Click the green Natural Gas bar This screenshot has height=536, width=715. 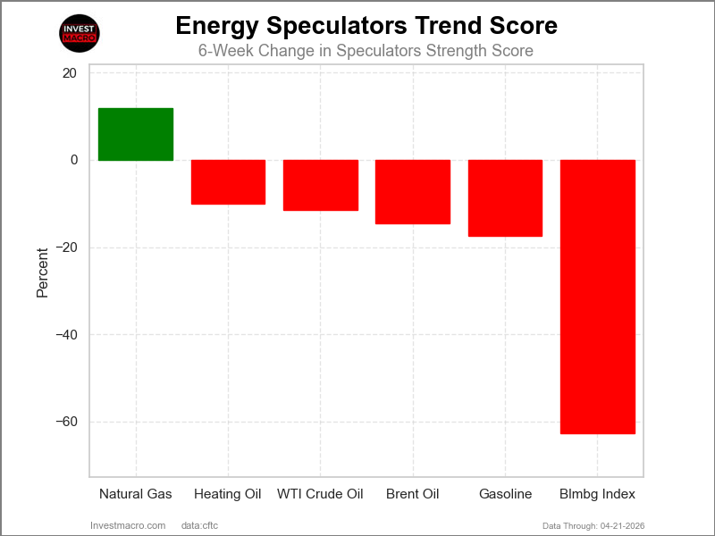(x=136, y=134)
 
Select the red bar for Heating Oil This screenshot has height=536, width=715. (x=228, y=182)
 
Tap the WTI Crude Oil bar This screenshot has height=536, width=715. (x=321, y=185)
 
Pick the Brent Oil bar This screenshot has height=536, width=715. (x=413, y=191)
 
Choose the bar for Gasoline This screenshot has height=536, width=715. (x=505, y=198)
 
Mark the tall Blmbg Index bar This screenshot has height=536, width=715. (x=597, y=297)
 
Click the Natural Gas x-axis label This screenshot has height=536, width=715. (x=136, y=494)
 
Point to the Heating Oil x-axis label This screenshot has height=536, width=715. (x=228, y=494)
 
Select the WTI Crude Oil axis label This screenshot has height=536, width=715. (x=321, y=494)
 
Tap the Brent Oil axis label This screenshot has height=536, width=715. (x=413, y=494)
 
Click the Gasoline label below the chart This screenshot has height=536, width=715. (x=505, y=494)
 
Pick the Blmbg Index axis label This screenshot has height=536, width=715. (x=597, y=494)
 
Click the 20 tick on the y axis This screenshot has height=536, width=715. (x=70, y=73)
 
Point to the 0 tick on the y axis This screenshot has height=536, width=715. (x=74, y=161)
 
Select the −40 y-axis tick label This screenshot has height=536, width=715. (x=65, y=335)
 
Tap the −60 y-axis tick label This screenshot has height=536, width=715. (x=65, y=422)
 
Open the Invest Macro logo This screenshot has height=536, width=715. (x=79, y=34)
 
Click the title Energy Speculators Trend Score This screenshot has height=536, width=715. (x=366, y=26)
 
